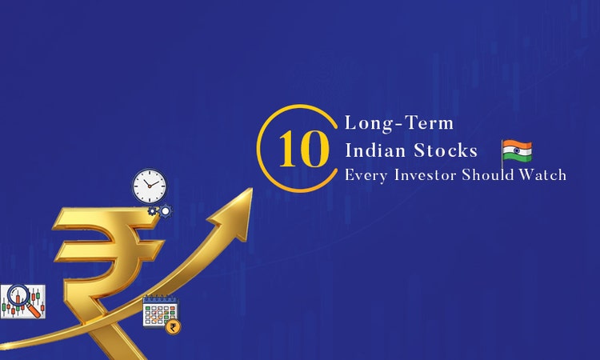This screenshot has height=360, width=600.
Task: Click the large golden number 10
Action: click(x=302, y=149)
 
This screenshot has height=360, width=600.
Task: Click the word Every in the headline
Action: click(x=362, y=176)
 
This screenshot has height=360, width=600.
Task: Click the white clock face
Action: click(x=150, y=186)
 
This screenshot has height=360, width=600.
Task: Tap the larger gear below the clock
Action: click(x=165, y=211)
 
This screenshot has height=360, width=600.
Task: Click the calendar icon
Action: click(x=157, y=311)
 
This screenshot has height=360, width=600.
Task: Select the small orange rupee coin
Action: click(x=172, y=326)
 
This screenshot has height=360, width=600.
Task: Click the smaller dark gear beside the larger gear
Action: click(x=153, y=211)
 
